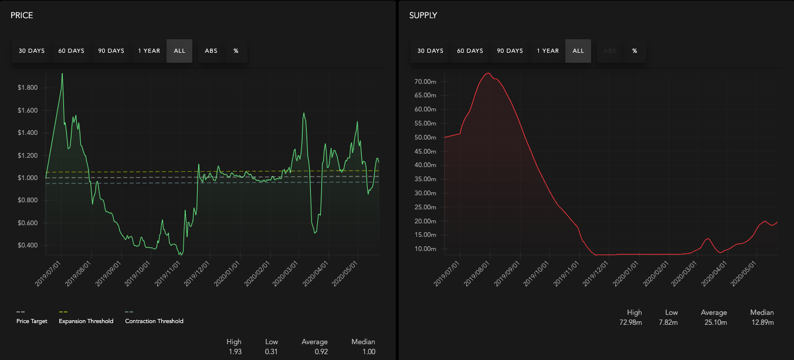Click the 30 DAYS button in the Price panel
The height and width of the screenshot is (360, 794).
32,51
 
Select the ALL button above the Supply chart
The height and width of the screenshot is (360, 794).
578,51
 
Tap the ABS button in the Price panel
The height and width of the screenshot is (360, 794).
211,51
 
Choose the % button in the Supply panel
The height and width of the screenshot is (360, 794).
634,51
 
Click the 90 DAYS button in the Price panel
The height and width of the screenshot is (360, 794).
111,51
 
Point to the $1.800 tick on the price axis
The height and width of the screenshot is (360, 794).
28,87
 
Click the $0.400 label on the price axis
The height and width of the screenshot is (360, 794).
28,245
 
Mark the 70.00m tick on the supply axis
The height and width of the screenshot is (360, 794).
425,81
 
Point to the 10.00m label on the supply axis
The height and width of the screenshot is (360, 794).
425,249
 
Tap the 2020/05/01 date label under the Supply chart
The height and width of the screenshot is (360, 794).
744,274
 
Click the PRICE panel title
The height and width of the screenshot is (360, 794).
22,16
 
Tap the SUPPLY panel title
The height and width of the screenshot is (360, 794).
423,16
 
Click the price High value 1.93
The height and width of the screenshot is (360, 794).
235,352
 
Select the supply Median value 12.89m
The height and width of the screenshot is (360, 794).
763,322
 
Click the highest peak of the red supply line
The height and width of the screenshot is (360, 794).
488,73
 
